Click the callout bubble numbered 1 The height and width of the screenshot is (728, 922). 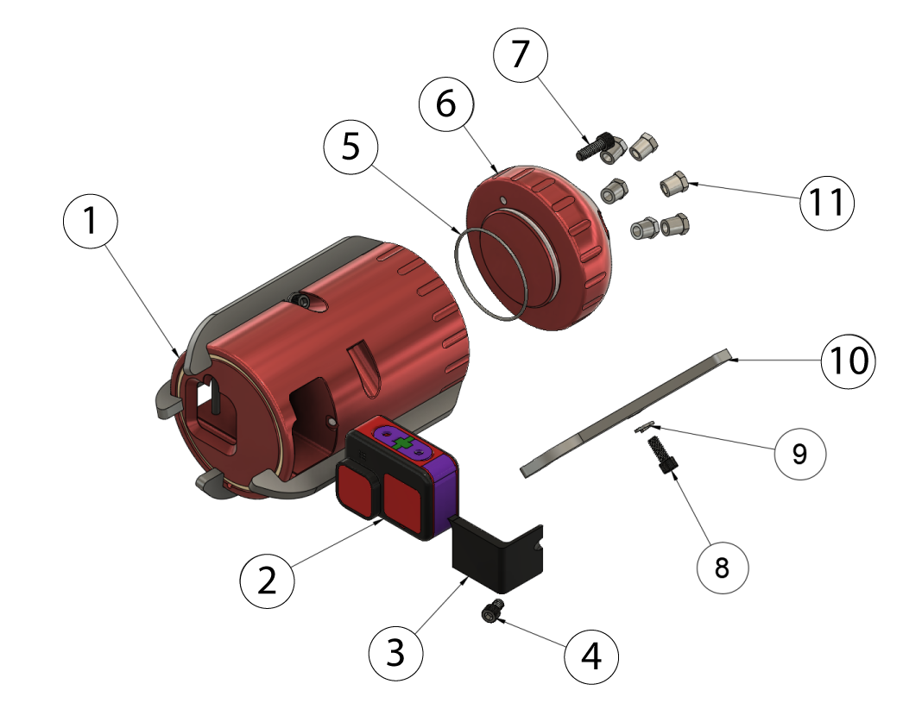91,222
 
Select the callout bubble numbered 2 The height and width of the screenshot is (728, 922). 268,580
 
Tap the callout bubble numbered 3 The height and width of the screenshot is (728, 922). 395,653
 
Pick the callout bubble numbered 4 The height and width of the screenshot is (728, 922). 591,657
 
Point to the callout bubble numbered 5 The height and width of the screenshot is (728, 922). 350,147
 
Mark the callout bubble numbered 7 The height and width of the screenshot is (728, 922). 520,54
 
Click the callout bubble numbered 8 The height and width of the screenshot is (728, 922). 723,567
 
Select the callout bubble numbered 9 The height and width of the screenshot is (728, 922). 800,453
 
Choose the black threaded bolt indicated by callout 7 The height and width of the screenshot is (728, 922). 592,146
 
